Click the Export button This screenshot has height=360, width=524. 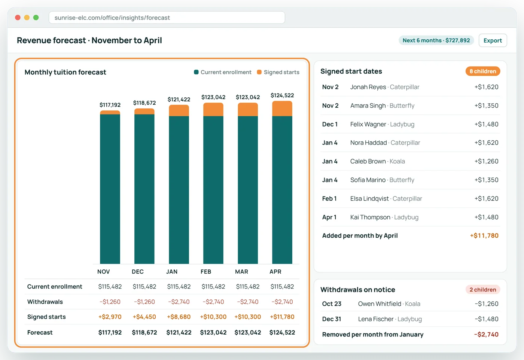point(493,40)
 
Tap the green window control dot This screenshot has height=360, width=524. point(36,18)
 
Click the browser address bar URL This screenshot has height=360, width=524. point(112,18)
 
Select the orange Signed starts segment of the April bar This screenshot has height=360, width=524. point(282,109)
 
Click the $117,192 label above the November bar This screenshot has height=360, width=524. point(110,105)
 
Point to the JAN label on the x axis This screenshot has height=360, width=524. point(172,272)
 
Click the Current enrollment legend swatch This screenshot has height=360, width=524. point(196,72)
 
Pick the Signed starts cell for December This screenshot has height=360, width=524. point(144,317)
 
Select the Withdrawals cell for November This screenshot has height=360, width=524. point(110,302)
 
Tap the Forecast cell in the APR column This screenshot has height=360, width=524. point(282,332)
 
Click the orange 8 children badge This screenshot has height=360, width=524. point(483,71)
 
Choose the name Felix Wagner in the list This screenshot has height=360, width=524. point(368,124)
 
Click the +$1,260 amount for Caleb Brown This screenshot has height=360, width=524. point(486,161)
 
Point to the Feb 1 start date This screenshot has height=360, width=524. point(329,199)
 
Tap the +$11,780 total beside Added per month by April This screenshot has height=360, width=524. point(484,235)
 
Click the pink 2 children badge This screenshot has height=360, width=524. point(483,290)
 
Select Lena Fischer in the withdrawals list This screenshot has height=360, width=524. point(376,319)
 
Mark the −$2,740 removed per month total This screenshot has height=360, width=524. point(486,335)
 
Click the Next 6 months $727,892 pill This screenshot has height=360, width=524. point(436,40)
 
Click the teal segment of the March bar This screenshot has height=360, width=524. point(248,190)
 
